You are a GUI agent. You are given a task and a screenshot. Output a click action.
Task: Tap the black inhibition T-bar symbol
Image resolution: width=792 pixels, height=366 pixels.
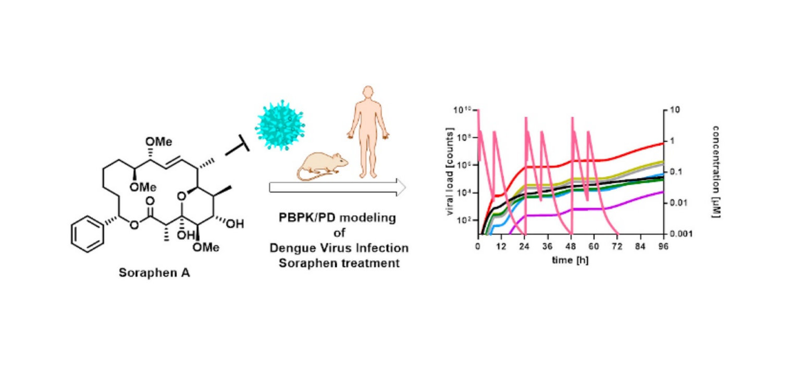238,149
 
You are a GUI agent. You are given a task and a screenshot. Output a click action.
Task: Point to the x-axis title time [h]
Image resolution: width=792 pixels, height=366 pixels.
571,259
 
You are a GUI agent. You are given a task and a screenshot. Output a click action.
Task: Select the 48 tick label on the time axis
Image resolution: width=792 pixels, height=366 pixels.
571,246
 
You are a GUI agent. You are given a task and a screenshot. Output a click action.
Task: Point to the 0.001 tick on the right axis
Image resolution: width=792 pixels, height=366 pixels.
679,234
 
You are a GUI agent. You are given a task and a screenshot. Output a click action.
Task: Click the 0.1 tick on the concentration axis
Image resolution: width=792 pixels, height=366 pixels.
676,172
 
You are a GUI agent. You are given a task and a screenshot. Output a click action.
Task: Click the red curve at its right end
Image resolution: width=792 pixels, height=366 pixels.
662,143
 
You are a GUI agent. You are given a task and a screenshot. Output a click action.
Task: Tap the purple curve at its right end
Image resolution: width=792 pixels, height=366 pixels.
662,192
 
